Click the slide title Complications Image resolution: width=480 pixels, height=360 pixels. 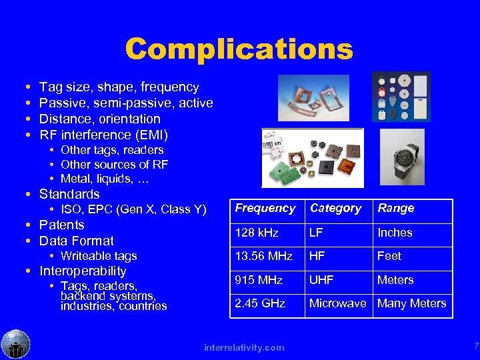[x=239, y=49]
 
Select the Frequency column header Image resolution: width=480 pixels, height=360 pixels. [x=265, y=208]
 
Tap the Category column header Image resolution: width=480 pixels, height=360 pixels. [x=335, y=208]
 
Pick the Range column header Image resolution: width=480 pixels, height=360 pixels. [x=396, y=208]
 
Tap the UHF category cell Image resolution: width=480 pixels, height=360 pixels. [x=322, y=280]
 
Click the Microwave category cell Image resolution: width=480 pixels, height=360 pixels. [x=338, y=303]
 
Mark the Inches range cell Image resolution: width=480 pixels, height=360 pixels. [x=395, y=233]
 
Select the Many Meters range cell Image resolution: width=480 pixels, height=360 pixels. [x=411, y=303]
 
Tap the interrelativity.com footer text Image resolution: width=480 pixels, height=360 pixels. [x=244, y=347]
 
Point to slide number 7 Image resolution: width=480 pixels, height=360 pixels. [x=475, y=345]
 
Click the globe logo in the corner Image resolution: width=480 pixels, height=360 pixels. [x=15, y=344]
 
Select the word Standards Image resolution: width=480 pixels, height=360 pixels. [x=69, y=195]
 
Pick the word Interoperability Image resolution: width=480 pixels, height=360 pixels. [x=83, y=271]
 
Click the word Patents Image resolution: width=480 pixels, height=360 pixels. [x=62, y=225]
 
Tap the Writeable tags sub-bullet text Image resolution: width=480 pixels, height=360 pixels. [x=99, y=256]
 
